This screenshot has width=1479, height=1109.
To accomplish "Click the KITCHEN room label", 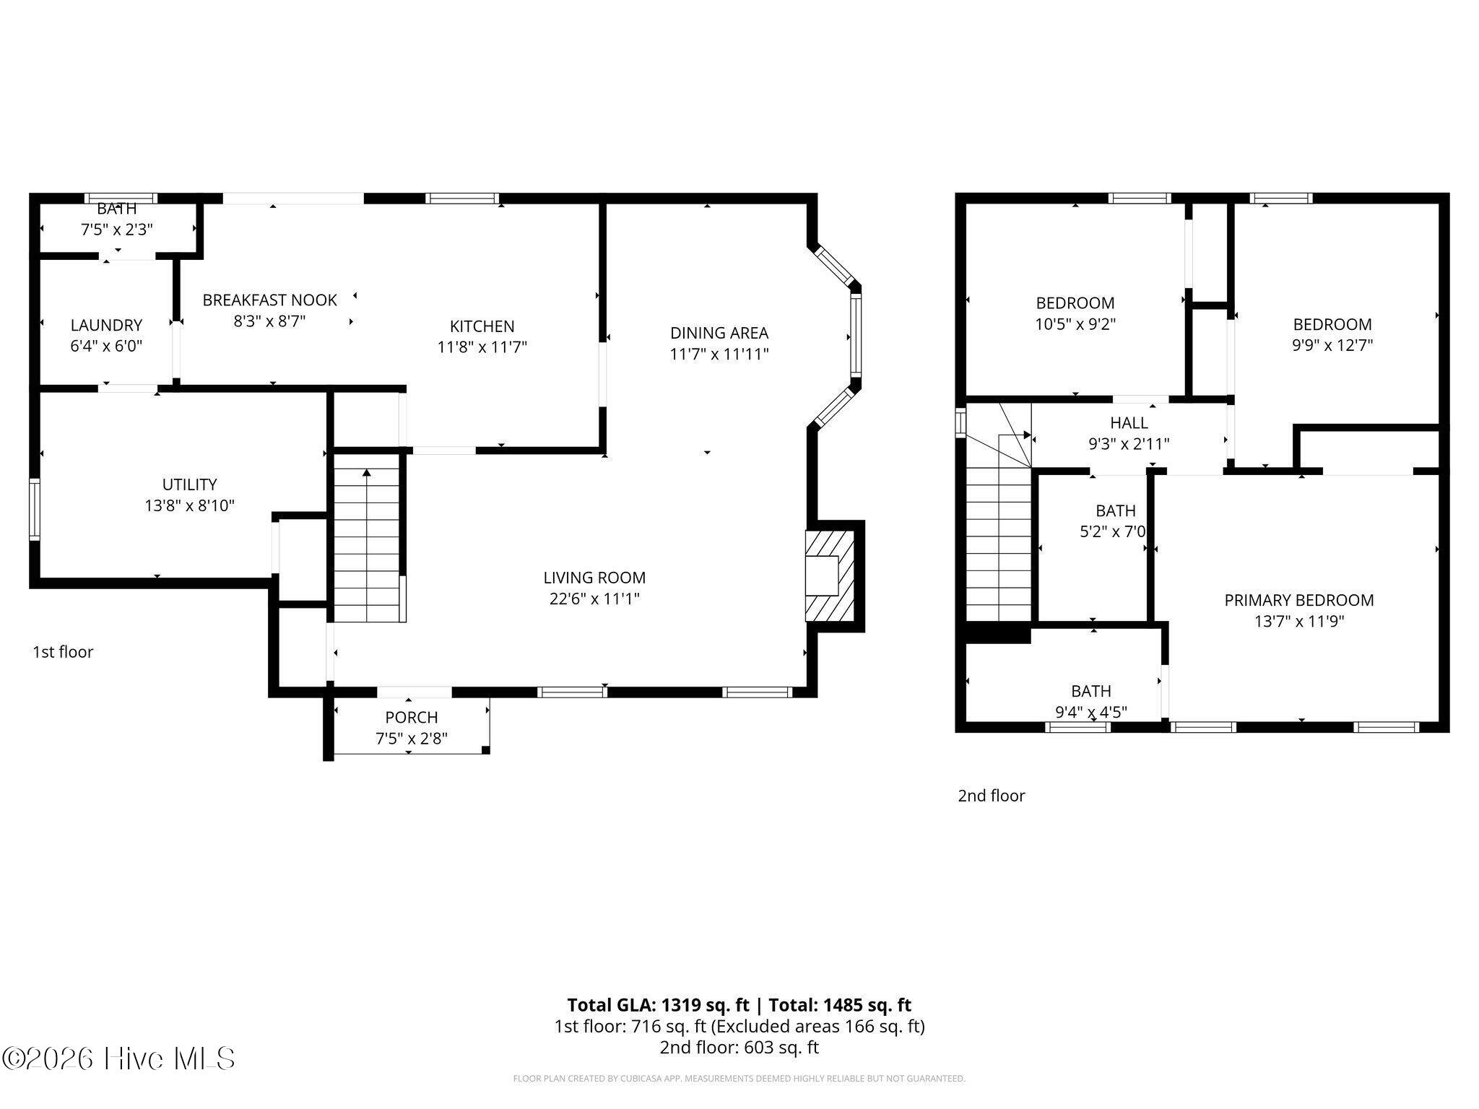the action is (482, 326).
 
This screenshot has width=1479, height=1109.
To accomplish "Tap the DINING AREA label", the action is (719, 333).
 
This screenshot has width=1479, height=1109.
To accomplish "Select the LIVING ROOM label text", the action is (594, 578).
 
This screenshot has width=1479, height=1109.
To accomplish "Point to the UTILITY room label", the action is (189, 484).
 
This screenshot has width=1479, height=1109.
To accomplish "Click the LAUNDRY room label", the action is (106, 325).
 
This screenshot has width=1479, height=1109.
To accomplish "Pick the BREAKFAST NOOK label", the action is (269, 300).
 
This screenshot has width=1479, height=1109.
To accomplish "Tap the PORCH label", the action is (412, 717).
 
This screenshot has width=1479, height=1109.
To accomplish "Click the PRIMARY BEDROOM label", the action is (1299, 600).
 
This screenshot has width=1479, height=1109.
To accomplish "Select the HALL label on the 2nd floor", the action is (1129, 422).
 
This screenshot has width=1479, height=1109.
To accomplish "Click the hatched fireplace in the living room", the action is (830, 576).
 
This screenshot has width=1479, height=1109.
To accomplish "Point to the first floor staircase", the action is (367, 537).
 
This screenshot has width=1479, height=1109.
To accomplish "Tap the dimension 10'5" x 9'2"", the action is (1075, 324).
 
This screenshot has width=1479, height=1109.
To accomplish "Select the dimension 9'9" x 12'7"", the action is (1332, 345).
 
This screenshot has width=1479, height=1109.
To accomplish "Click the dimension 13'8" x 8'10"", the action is (189, 505).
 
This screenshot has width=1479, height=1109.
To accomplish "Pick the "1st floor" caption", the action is (63, 652).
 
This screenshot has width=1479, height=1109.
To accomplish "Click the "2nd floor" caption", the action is (992, 796).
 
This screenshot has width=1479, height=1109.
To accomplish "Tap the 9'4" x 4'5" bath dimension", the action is (1091, 713).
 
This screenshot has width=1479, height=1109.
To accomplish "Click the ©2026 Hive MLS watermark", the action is (118, 1058).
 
